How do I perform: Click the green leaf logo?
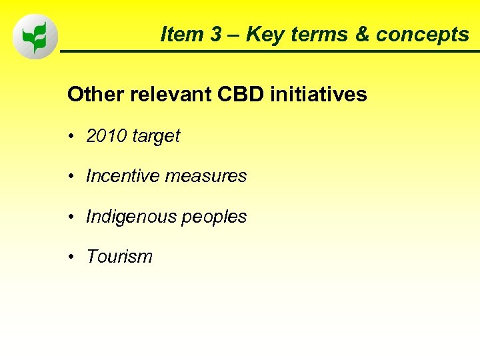[x=35, y=37]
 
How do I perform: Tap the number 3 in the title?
[x=216, y=35]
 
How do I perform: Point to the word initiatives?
[x=319, y=95]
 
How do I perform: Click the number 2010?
[x=107, y=136]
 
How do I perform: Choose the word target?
[x=156, y=137]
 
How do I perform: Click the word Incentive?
[x=123, y=176]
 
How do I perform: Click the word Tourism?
[x=119, y=257]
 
